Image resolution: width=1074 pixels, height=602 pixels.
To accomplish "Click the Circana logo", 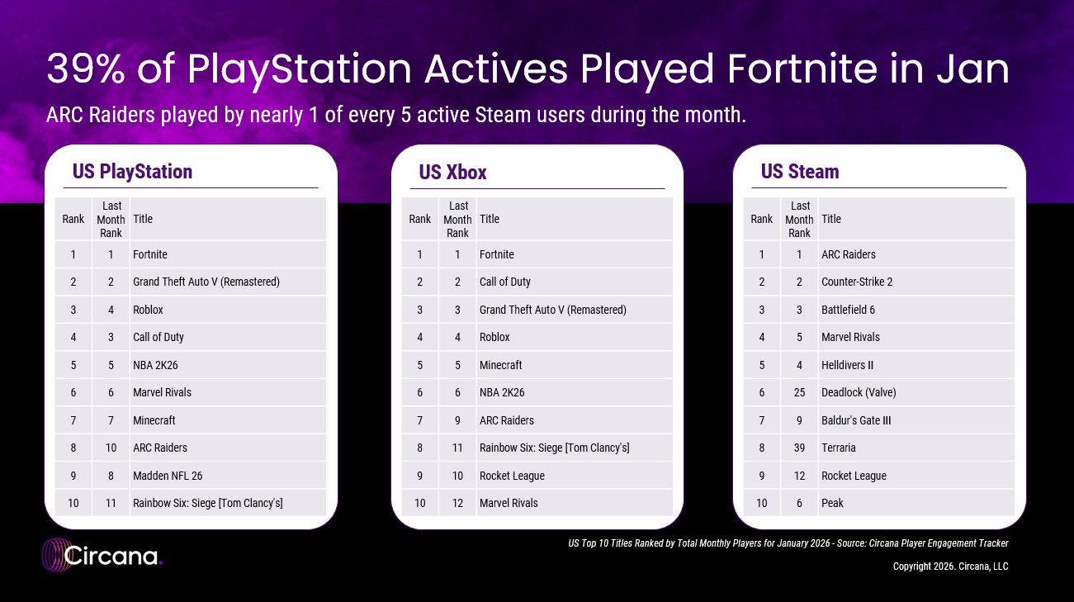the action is pyautogui.click(x=102, y=555).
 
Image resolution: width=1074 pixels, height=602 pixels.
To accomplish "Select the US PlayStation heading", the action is pyautogui.click(x=132, y=171).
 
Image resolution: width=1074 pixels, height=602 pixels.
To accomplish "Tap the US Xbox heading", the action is pyautogui.click(x=452, y=173).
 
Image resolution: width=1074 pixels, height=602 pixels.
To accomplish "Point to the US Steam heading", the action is pyautogui.click(x=800, y=171).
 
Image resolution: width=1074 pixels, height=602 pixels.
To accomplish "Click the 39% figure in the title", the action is pyautogui.click(x=86, y=69).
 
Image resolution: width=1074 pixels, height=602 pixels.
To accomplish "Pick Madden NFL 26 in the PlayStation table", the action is pyautogui.click(x=168, y=476).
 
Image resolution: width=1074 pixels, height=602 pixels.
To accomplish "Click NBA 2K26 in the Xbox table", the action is pyautogui.click(x=502, y=392).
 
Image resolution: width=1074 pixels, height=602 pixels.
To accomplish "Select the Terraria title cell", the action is pyautogui.click(x=838, y=448).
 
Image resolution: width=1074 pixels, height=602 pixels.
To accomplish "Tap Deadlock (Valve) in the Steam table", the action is pyautogui.click(x=859, y=392).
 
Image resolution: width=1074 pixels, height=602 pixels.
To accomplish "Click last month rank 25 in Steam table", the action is pyautogui.click(x=799, y=392).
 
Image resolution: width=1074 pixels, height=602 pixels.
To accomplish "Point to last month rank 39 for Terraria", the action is pyautogui.click(x=799, y=448).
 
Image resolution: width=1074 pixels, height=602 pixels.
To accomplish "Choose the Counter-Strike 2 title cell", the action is pyautogui.click(x=857, y=282).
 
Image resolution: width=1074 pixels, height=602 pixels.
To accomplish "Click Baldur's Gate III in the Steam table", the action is pyautogui.click(x=856, y=420).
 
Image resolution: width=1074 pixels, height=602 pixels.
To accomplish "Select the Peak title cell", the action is pyautogui.click(x=832, y=503).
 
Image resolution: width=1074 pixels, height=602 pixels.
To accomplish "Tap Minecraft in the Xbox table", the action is pyautogui.click(x=500, y=365).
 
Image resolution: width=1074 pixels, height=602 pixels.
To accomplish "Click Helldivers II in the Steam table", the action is pyautogui.click(x=847, y=365).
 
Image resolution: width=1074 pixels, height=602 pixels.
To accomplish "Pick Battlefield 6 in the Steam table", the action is pyautogui.click(x=848, y=310).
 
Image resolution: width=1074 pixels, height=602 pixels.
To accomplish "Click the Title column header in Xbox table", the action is pyautogui.click(x=489, y=219).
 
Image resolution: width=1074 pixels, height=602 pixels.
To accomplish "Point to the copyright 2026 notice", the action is pyautogui.click(x=950, y=566).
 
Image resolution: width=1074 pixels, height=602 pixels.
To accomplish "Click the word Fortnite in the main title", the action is pyautogui.click(x=802, y=69).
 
